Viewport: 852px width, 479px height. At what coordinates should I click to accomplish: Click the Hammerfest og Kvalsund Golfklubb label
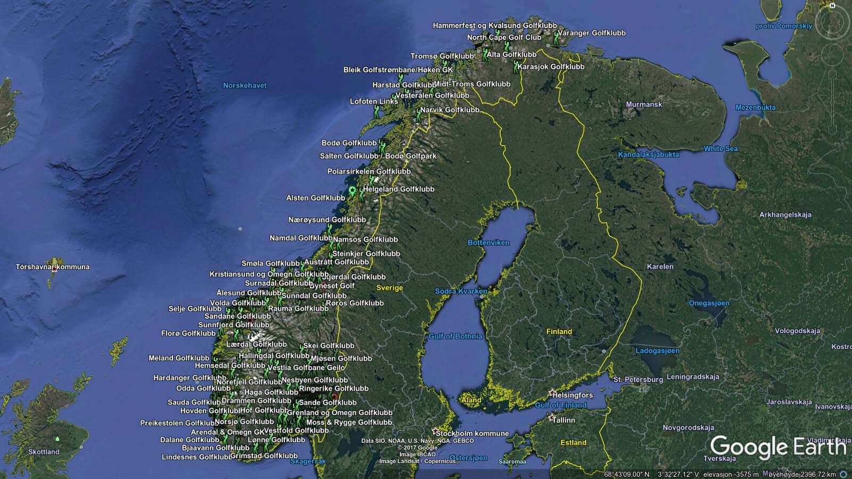495,26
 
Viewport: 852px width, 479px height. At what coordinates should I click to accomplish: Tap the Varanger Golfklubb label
591,33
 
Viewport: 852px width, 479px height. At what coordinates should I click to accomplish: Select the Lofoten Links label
373,101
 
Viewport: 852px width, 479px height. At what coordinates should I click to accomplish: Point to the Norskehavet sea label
244,85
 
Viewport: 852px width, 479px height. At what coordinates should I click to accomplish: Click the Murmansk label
644,104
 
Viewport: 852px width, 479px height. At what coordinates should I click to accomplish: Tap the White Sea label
720,148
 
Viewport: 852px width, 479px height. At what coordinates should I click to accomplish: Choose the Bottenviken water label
488,243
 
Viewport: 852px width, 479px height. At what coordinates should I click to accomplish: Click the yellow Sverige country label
389,288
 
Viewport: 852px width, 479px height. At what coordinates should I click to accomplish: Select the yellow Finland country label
559,332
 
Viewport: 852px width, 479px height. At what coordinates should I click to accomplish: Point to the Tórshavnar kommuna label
53,267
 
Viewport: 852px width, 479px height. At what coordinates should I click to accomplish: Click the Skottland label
44,452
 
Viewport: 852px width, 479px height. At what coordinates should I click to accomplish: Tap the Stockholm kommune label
472,433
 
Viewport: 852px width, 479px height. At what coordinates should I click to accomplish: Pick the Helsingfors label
572,395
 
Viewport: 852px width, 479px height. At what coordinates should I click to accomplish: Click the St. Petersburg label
638,379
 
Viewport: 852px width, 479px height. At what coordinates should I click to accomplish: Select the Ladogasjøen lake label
657,351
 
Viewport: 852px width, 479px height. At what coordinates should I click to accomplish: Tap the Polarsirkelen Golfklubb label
368,171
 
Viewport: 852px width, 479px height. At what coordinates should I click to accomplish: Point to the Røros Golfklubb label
355,303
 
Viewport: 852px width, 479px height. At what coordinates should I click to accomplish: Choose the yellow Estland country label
573,443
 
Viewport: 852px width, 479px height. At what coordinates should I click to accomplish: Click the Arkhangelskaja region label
785,215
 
